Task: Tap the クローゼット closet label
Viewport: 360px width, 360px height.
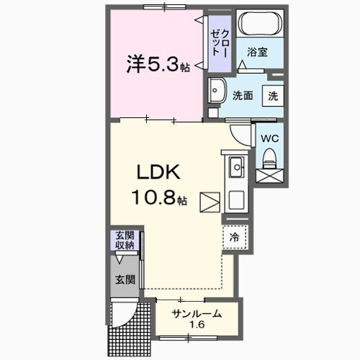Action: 220,42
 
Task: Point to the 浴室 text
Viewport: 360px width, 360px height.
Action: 257,53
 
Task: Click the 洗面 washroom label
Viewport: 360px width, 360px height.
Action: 241,94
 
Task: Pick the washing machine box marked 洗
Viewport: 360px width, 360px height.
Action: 273,94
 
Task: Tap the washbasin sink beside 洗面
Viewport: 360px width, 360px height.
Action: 217,92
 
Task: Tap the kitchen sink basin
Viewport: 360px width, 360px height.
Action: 236,170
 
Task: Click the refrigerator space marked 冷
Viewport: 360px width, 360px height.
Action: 235,235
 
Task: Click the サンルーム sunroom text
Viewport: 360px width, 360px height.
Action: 196,313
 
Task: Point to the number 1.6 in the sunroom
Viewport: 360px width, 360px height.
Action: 196,325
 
